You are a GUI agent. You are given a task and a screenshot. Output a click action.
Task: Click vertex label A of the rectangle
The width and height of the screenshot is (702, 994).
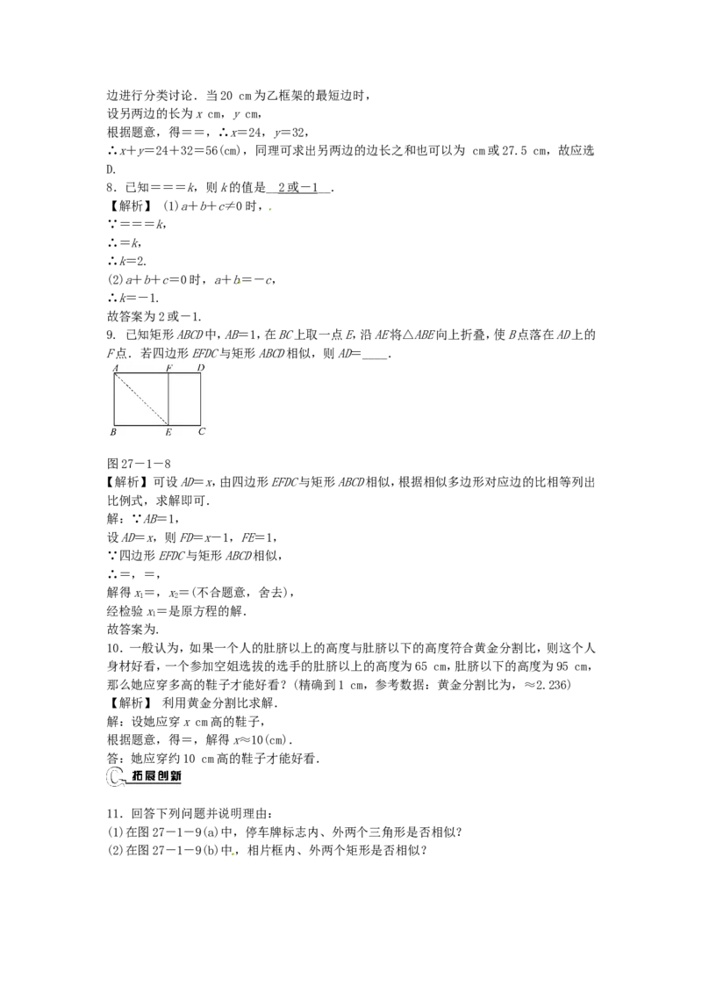pyautogui.click(x=115, y=368)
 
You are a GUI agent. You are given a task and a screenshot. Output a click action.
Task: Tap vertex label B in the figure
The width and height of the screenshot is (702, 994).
pyautogui.click(x=113, y=432)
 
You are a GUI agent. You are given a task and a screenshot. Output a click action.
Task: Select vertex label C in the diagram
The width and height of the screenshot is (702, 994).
pyautogui.click(x=202, y=432)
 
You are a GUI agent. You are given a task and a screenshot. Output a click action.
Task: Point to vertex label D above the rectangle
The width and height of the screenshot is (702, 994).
pyautogui.click(x=200, y=368)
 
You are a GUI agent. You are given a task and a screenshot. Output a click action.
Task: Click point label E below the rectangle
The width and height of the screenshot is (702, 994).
pyautogui.click(x=168, y=432)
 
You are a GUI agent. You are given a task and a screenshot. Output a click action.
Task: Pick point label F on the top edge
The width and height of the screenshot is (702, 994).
pyautogui.click(x=169, y=368)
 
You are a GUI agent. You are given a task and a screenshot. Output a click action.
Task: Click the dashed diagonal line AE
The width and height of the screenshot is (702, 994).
pyautogui.click(x=141, y=399)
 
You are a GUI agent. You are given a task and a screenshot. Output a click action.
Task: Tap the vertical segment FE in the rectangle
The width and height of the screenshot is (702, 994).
pyautogui.click(x=168, y=399)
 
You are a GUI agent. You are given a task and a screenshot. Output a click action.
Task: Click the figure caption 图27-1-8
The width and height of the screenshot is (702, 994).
pyautogui.click(x=140, y=464)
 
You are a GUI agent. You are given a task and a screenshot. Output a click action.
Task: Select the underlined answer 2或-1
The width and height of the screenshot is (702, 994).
pyautogui.click(x=297, y=188)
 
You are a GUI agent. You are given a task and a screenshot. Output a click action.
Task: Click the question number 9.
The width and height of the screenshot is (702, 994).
pyautogui.click(x=111, y=335)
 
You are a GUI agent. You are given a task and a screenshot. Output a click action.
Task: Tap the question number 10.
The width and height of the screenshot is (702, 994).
pyautogui.click(x=113, y=648)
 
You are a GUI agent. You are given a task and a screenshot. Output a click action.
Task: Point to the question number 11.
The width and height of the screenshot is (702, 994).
pyautogui.click(x=113, y=814)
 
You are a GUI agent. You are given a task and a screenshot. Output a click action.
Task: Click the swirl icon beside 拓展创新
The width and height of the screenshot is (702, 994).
pyautogui.click(x=117, y=777)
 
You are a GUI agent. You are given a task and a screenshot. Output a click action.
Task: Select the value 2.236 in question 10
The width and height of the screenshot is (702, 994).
pyautogui.click(x=552, y=685)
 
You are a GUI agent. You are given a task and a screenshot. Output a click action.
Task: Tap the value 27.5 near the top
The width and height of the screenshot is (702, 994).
pyautogui.click(x=515, y=151)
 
